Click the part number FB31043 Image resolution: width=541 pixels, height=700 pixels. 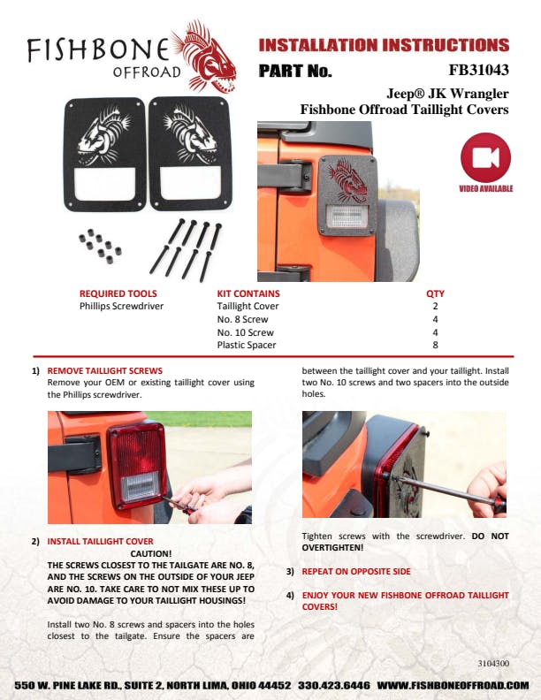coord(478,70)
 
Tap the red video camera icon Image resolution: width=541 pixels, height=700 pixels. coord(485,157)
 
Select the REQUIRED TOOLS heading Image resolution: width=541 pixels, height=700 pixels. coord(118,293)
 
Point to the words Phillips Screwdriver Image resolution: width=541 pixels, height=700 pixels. coord(121,306)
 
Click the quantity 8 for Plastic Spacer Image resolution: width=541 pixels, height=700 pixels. coord(435,345)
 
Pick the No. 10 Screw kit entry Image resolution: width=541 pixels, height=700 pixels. coord(246,332)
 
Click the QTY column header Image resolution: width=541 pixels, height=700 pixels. coord(435,293)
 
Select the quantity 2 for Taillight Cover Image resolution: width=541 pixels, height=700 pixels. coord(435,306)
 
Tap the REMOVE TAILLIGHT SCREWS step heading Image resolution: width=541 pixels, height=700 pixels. coord(105,371)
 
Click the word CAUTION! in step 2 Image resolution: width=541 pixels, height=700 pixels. coord(151,553)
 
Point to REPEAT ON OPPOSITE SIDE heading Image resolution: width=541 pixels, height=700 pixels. coord(356,572)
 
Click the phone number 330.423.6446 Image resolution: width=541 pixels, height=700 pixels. coord(334,685)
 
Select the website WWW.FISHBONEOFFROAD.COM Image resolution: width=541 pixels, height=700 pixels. coord(453,685)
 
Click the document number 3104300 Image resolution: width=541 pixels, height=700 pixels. coord(493,664)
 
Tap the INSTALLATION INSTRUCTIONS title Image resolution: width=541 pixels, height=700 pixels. coord(384,45)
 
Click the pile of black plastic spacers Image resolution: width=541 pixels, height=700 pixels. coord(101,246)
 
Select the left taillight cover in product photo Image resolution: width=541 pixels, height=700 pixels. coord(105,155)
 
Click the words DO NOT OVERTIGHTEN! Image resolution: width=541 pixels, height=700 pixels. coord(405,542)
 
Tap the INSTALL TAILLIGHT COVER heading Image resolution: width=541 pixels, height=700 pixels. coord(101,542)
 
